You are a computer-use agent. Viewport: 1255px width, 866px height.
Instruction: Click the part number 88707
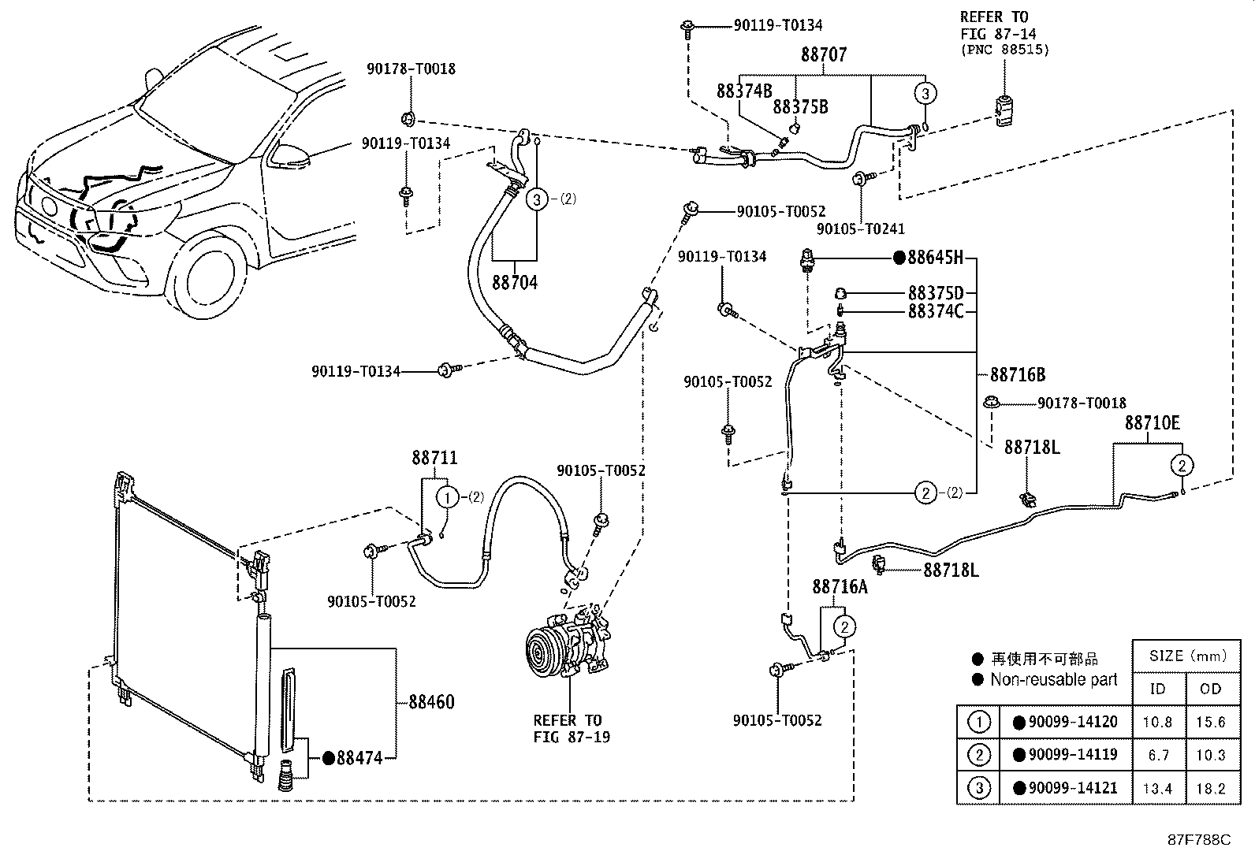point(824,54)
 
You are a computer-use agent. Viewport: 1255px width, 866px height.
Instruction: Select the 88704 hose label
point(515,282)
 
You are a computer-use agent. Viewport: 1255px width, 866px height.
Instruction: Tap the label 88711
point(434,458)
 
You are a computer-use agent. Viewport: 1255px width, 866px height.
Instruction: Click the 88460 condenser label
point(431,701)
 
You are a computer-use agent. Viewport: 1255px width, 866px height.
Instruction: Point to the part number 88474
point(359,758)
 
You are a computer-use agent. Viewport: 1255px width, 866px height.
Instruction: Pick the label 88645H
point(936,258)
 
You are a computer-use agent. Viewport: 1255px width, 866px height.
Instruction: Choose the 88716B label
point(1018,374)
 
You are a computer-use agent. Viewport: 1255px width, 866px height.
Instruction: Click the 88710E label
point(1152,423)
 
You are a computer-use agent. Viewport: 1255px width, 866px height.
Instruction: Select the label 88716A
point(840,587)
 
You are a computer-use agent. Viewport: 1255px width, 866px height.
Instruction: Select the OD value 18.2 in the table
point(1211,788)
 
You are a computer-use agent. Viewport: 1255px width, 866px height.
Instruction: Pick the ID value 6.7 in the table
point(1158,755)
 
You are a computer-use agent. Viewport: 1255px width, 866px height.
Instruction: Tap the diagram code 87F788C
point(1198,840)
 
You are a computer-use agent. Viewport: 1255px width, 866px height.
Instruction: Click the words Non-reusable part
point(1053,679)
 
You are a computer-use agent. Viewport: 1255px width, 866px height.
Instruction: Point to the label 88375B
point(800,106)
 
